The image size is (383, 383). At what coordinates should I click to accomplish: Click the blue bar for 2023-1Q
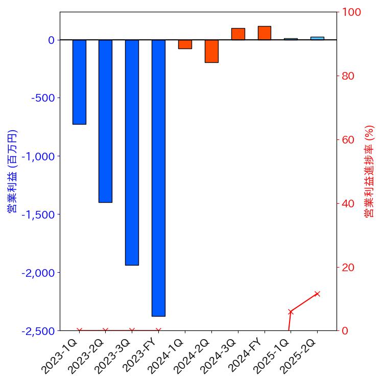[79, 82]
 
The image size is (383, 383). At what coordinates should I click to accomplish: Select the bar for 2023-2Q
[105, 121]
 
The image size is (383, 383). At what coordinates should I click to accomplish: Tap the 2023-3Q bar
[132, 152]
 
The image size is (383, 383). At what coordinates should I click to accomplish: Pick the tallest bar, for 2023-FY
[158, 178]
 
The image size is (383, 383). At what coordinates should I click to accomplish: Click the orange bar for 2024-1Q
[185, 44]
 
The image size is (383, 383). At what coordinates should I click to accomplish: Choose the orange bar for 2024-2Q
[211, 51]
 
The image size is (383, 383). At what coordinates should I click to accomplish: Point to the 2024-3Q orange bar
[238, 34]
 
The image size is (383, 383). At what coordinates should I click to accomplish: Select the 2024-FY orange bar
[265, 33]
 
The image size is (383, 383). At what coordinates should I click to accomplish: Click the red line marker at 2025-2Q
[317, 294]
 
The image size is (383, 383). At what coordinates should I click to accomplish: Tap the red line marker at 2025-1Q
[291, 312]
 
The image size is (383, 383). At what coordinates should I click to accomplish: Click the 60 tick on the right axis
[348, 139]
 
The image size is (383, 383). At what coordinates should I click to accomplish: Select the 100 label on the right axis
[351, 12]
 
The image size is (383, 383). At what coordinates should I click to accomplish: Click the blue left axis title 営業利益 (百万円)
[12, 171]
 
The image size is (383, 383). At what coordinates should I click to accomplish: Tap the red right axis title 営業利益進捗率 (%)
[369, 171]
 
